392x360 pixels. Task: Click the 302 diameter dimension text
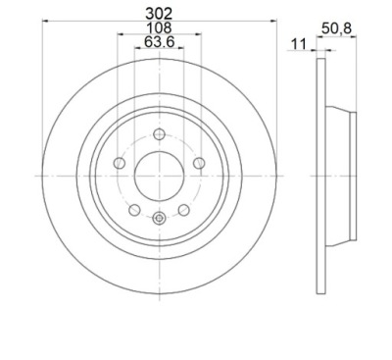[159, 14]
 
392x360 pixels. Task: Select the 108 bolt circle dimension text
[159, 27]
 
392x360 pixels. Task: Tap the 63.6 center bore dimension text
[160, 42]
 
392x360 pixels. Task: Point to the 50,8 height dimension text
[336, 28]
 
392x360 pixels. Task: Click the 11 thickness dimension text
[299, 44]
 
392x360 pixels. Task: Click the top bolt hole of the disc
[159, 134]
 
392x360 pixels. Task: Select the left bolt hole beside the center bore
[120, 163]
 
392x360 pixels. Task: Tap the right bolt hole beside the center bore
[199, 163]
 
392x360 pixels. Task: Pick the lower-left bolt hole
[134, 210]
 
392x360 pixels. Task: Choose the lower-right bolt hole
[184, 210]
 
